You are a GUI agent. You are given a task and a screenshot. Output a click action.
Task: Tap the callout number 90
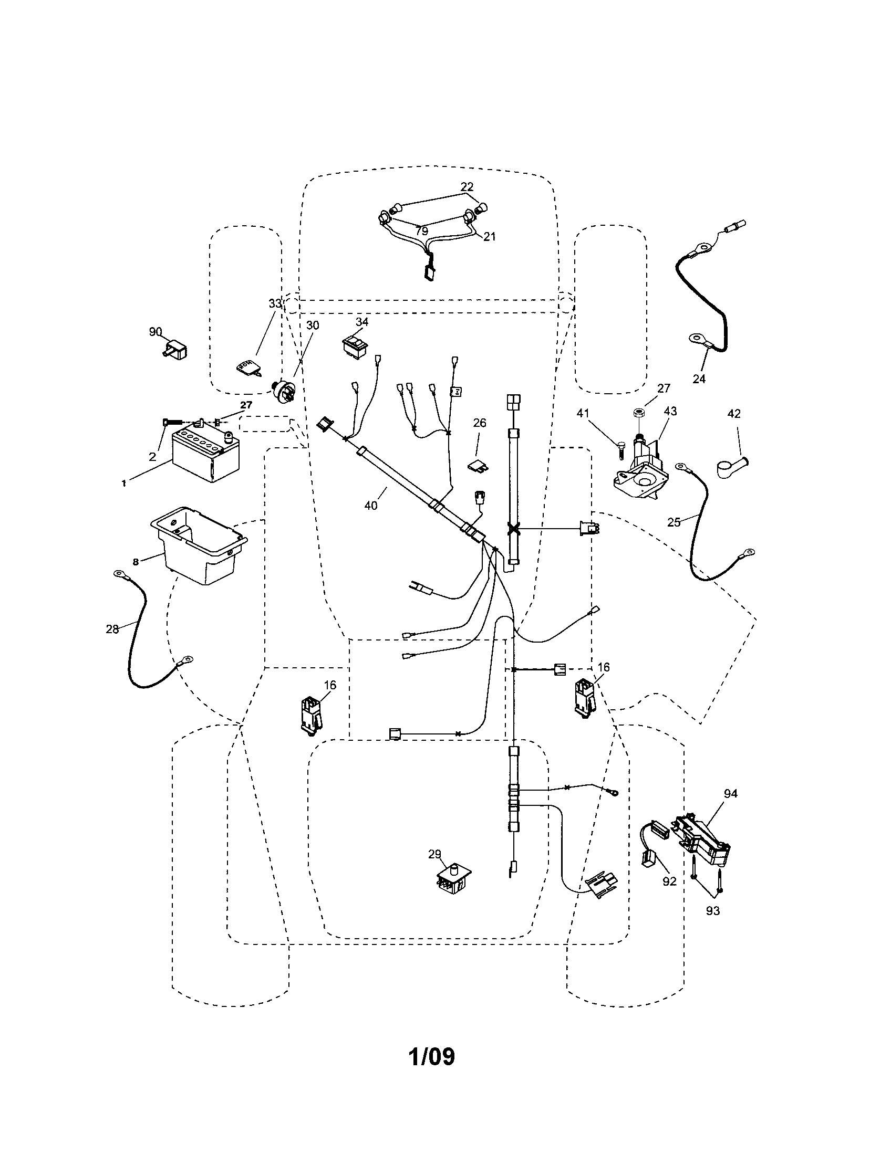155,332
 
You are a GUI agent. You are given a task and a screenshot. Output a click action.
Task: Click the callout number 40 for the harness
371,506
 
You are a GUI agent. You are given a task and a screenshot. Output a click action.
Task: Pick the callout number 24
699,379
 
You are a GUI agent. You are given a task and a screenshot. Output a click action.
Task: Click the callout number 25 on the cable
674,522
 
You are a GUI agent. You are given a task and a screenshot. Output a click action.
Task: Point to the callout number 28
112,629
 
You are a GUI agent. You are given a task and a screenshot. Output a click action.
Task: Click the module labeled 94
701,839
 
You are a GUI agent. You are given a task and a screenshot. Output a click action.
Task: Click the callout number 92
669,881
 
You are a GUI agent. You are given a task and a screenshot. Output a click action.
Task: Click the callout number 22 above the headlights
467,187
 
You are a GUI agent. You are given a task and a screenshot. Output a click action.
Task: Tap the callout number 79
421,231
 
